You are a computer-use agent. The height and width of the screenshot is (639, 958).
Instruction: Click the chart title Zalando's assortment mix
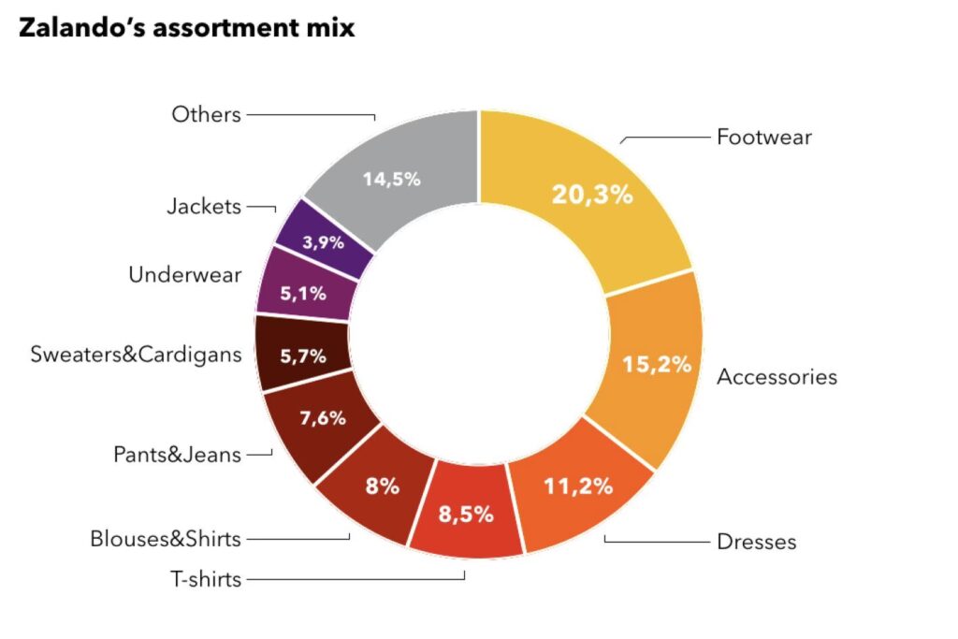click(x=186, y=28)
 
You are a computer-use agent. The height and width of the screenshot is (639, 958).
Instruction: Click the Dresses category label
click(x=756, y=542)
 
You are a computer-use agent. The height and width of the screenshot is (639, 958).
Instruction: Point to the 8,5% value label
click(x=465, y=514)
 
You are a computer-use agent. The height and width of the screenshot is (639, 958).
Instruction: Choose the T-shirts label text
click(x=206, y=579)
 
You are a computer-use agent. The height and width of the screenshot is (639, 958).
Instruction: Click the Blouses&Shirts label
click(x=166, y=539)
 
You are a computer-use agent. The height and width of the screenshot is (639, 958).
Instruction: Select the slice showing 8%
click(x=383, y=486)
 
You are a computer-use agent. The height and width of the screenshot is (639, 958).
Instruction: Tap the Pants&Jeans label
click(x=177, y=455)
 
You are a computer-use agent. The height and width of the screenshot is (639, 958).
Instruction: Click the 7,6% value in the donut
click(x=322, y=417)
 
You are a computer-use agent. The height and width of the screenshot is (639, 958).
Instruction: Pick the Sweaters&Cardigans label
click(x=136, y=355)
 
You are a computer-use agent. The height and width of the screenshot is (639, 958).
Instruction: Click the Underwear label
click(x=184, y=275)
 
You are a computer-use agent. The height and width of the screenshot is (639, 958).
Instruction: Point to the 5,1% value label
click(x=303, y=293)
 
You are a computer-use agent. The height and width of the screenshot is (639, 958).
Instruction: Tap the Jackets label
click(x=203, y=207)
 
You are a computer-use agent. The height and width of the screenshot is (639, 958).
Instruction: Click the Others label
click(x=206, y=114)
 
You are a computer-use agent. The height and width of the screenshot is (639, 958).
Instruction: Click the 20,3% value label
click(x=592, y=195)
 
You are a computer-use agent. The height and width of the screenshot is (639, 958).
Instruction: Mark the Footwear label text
click(x=763, y=138)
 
